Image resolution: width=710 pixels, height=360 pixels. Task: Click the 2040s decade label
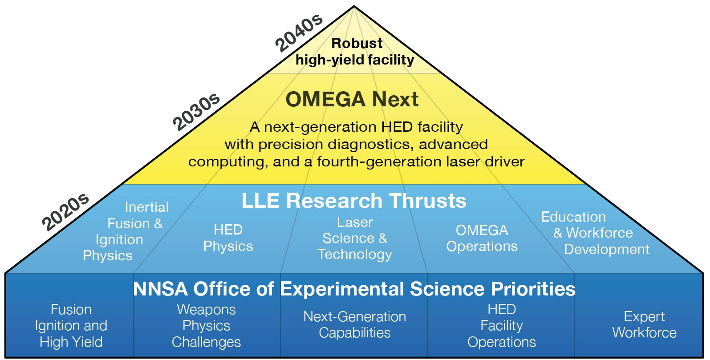click(299, 33)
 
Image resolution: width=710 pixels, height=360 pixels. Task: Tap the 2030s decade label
click(196, 112)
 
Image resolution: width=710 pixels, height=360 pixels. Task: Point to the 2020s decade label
click(65, 212)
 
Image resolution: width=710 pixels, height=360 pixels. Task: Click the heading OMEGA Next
click(352, 100)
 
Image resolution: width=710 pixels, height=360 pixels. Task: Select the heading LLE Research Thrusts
click(354, 201)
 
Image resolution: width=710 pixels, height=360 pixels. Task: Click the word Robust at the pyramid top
click(357, 44)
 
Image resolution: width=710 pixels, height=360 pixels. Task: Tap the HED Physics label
click(228, 238)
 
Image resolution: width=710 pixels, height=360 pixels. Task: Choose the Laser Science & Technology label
click(355, 239)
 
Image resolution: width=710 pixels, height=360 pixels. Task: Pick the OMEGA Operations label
click(482, 239)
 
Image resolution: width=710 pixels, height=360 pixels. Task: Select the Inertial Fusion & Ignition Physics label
click(126, 231)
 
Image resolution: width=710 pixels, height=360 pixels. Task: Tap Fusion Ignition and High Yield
click(71, 326)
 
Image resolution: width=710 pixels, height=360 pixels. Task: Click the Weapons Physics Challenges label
click(207, 326)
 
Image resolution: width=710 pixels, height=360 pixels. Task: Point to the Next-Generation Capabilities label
click(355, 325)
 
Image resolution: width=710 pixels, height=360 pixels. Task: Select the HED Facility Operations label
click(502, 326)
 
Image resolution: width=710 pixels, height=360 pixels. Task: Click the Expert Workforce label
click(645, 324)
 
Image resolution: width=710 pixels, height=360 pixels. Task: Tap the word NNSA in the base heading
click(161, 289)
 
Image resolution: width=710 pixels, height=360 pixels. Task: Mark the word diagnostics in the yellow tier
click(370, 145)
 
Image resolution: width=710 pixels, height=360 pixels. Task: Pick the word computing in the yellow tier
click(226, 162)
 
